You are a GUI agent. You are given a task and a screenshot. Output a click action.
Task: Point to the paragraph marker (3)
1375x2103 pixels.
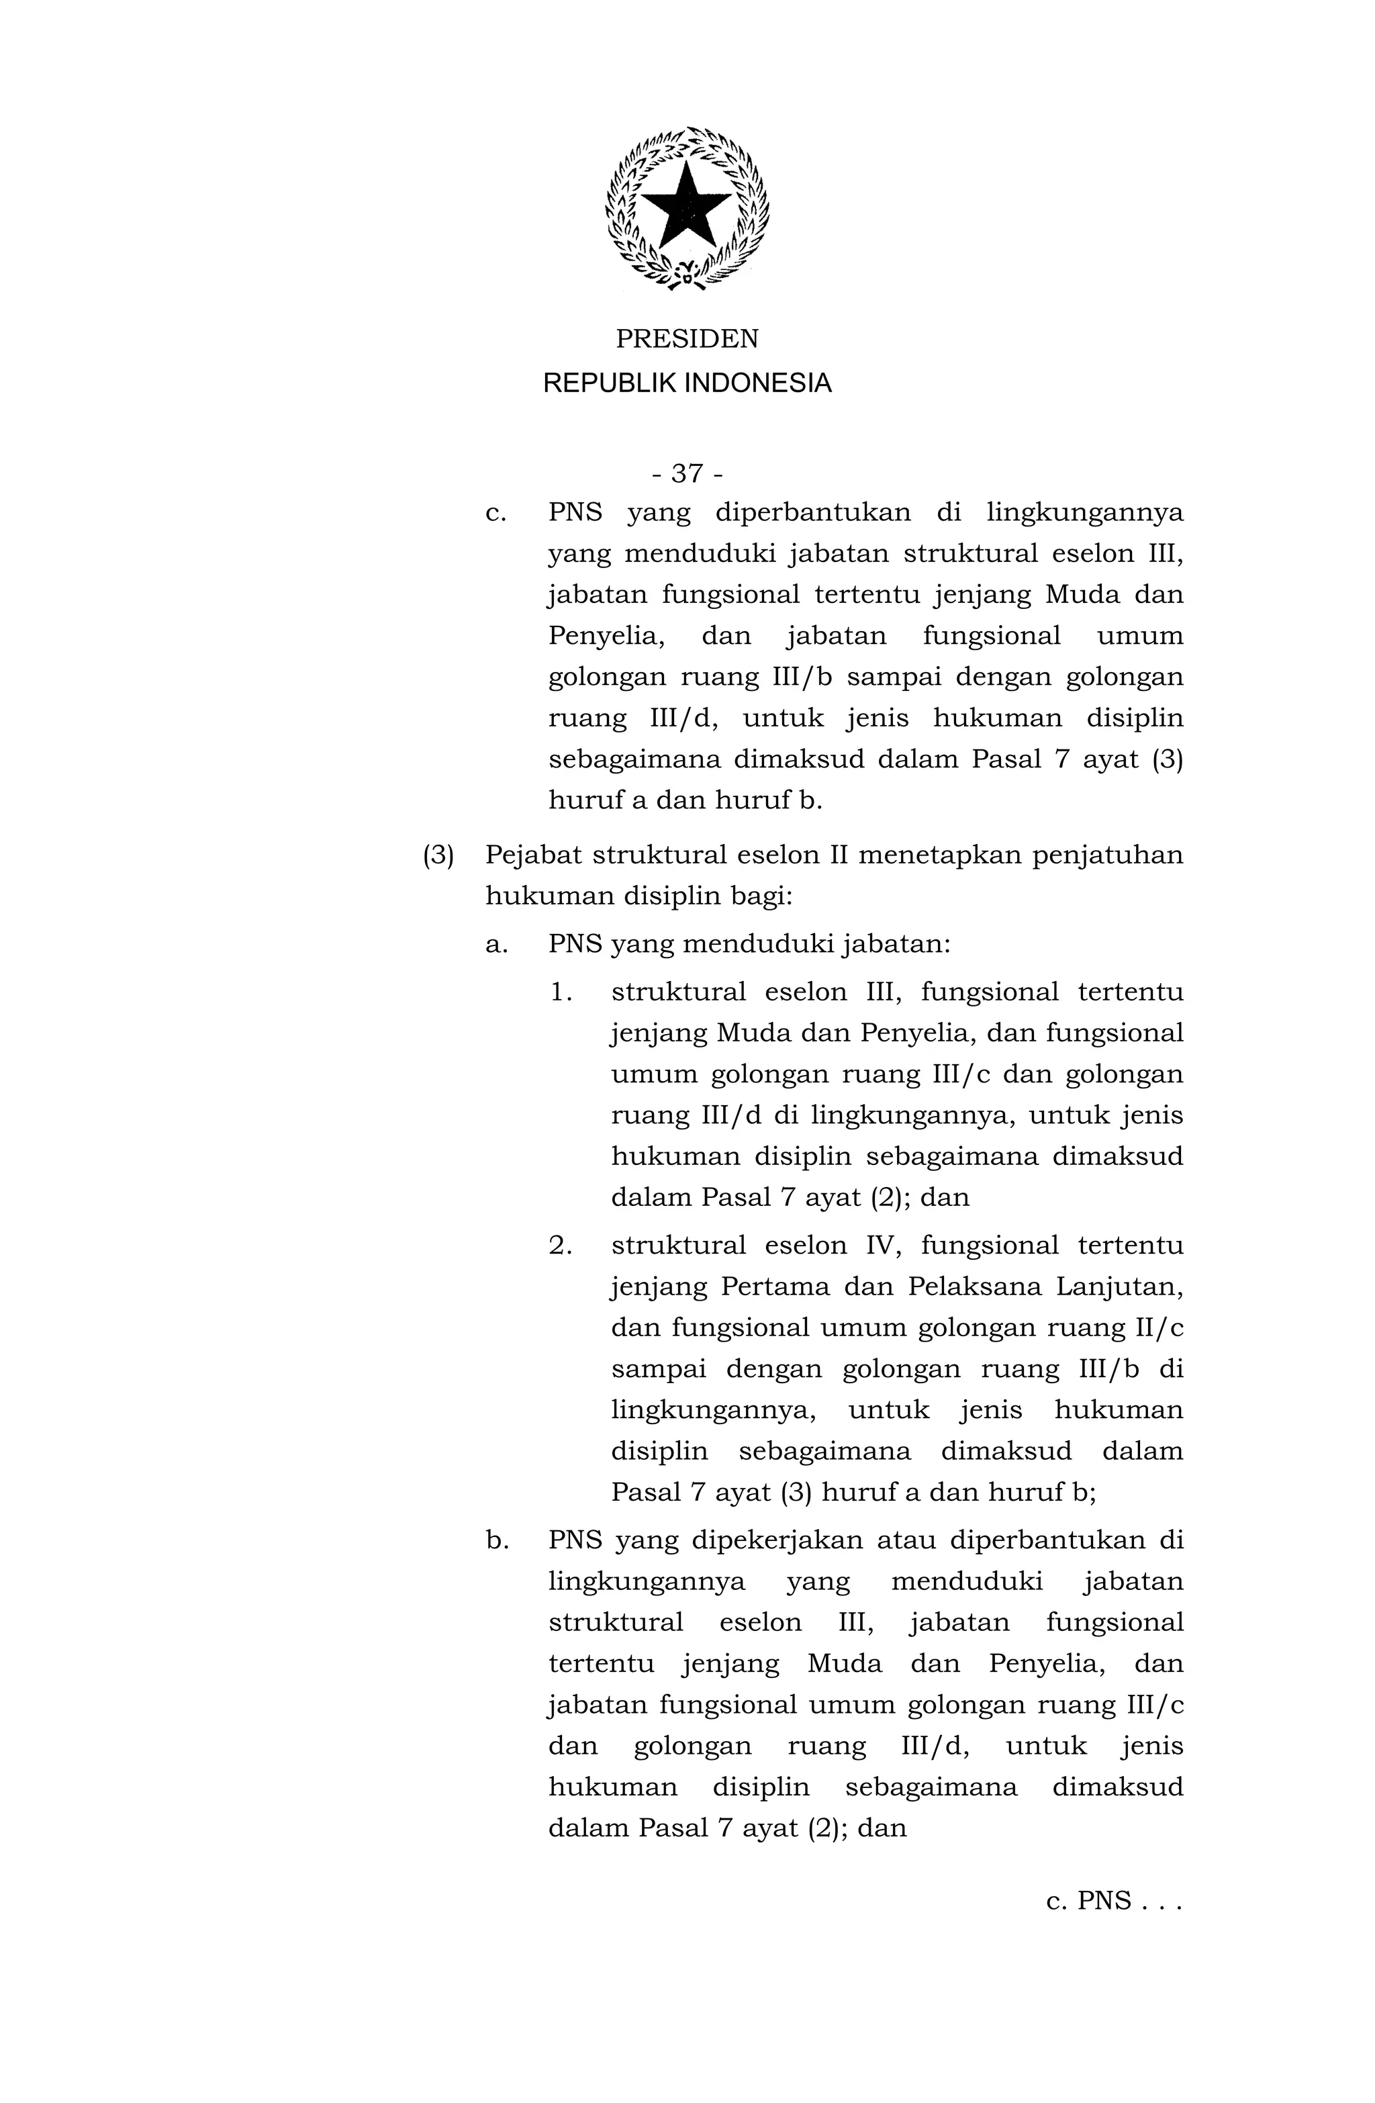coord(438,856)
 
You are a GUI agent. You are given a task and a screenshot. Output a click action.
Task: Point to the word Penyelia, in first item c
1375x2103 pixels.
coord(606,636)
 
